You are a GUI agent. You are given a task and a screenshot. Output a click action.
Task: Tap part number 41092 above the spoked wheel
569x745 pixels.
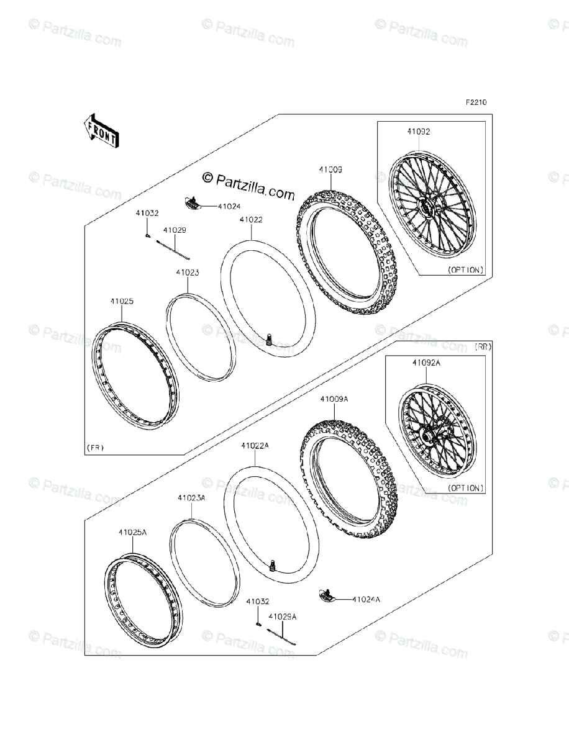click(419, 132)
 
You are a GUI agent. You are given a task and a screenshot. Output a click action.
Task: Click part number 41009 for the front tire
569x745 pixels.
click(330, 169)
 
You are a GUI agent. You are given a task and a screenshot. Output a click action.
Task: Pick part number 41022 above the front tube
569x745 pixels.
click(251, 219)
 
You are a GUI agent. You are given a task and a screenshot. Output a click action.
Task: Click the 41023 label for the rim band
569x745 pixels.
click(187, 272)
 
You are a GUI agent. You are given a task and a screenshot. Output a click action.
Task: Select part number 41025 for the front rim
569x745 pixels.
click(122, 301)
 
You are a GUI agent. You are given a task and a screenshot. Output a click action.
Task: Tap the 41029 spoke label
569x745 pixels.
click(175, 230)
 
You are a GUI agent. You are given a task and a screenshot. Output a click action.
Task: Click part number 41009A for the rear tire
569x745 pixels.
click(334, 400)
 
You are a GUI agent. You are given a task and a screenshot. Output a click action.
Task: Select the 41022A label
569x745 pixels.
click(255, 445)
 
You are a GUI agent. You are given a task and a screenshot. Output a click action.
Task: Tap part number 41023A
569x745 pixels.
click(191, 498)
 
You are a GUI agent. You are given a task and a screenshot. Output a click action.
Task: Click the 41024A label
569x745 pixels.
click(366, 600)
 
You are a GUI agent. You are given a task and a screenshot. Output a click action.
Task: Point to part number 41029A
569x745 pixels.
click(282, 616)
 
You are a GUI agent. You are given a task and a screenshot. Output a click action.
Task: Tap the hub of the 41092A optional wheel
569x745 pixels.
click(428, 438)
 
